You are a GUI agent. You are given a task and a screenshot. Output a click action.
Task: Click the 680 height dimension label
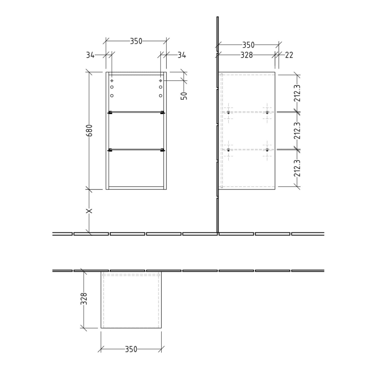point(89,131)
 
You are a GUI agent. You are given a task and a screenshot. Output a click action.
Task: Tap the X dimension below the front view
point(89,211)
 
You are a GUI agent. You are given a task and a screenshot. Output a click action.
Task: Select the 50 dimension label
point(184,95)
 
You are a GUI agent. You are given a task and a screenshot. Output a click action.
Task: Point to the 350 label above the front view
point(136,41)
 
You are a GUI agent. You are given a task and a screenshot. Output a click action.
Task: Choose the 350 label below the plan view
point(131,349)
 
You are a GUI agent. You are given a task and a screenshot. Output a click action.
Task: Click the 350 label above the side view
point(248,45)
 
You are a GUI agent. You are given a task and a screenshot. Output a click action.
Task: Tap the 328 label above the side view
point(246,55)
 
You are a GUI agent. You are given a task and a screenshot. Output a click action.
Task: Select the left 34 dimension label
point(90,55)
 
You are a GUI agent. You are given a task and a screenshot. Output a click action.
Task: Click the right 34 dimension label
point(181,55)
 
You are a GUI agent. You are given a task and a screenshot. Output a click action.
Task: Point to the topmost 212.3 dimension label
point(297,93)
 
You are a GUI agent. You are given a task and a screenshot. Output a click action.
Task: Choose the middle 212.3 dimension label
point(297,131)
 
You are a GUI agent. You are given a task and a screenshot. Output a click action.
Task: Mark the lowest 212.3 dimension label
point(297,168)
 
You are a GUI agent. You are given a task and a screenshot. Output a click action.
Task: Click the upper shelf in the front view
point(136,112)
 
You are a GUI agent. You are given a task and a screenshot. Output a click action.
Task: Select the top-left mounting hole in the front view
point(112,81)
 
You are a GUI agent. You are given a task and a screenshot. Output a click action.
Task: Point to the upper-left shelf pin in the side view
point(229,112)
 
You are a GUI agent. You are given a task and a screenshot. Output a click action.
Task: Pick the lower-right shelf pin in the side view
point(266,150)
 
